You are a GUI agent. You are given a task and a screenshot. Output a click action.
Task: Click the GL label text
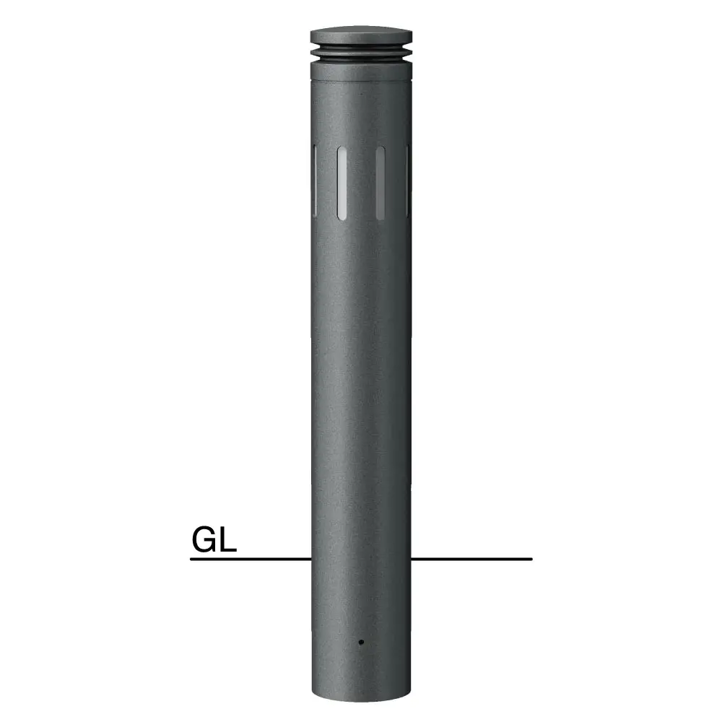click(x=214, y=539)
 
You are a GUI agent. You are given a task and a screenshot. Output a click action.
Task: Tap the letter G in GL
click(x=204, y=539)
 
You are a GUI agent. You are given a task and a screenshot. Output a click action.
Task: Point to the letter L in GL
click(x=228, y=539)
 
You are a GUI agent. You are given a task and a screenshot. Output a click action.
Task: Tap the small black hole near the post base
click(x=360, y=640)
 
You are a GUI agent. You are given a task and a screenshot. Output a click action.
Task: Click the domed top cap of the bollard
click(x=361, y=36)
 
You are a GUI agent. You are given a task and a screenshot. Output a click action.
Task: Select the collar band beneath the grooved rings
click(x=361, y=69)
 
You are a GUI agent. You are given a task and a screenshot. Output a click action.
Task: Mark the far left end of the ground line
click(x=192, y=559)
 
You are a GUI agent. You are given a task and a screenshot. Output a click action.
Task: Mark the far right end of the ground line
click(x=531, y=559)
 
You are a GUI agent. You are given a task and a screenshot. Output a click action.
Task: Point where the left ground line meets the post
click(x=310, y=559)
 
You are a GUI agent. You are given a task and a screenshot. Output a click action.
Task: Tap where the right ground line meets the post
click(x=411, y=559)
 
